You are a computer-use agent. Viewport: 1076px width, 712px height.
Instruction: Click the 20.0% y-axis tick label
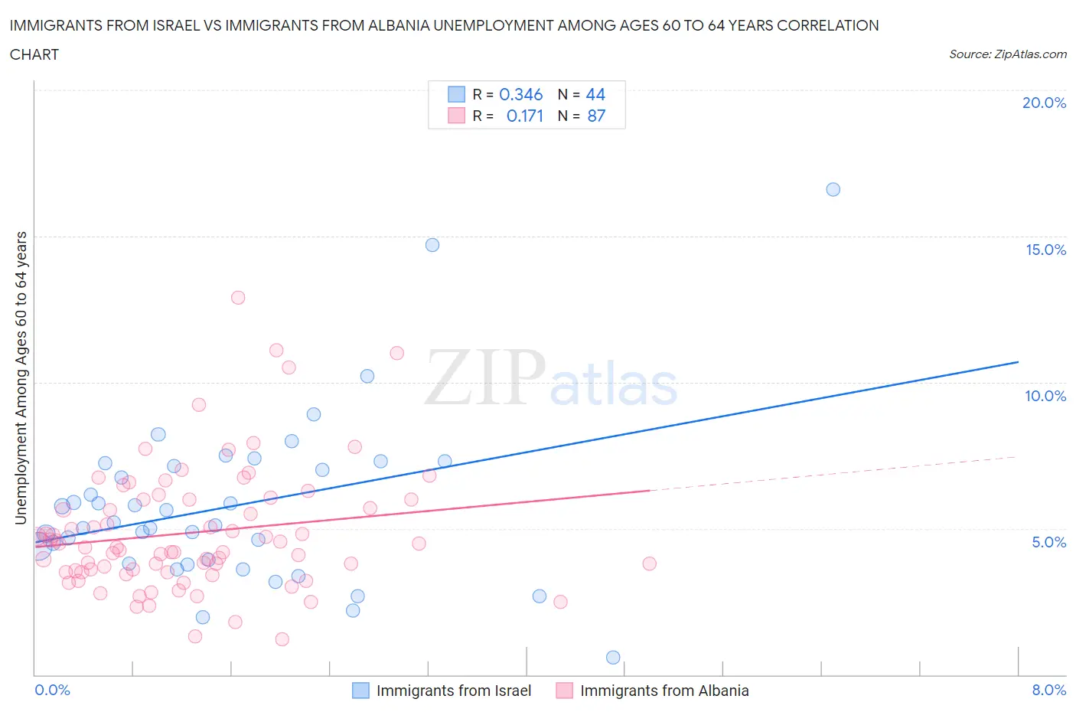point(1044,103)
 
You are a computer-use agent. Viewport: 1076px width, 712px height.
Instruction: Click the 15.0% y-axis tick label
point(1045,250)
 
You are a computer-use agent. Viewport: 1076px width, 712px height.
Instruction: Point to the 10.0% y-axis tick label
point(1045,396)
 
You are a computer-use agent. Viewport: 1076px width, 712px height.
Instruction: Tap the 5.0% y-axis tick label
point(1048,542)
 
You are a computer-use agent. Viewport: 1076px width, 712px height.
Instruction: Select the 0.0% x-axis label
point(52,690)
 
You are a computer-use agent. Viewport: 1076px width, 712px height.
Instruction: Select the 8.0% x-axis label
point(1048,690)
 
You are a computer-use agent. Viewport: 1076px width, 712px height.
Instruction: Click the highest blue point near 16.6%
point(833,189)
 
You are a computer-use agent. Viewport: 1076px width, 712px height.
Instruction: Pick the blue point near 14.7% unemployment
point(432,245)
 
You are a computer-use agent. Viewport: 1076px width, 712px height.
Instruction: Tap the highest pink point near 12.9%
point(238,298)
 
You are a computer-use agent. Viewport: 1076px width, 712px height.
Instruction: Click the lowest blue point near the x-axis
point(613,658)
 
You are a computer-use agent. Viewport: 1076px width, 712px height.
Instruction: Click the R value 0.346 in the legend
point(520,94)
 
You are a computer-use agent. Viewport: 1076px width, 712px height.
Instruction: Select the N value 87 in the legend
point(596,116)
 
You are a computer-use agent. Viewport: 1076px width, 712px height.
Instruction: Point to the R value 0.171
point(524,116)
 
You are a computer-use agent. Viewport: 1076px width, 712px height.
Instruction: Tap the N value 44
point(595,94)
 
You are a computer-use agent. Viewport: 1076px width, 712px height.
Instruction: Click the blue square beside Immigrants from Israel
point(360,691)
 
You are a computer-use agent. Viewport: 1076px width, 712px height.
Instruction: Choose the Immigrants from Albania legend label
point(664,691)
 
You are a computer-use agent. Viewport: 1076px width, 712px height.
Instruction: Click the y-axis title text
point(21,377)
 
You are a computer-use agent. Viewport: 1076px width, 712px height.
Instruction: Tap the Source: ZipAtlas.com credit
point(1007,54)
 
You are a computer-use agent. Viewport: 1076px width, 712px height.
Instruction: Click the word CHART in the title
point(34,54)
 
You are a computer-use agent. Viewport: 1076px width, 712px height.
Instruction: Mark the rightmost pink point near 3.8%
point(650,563)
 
